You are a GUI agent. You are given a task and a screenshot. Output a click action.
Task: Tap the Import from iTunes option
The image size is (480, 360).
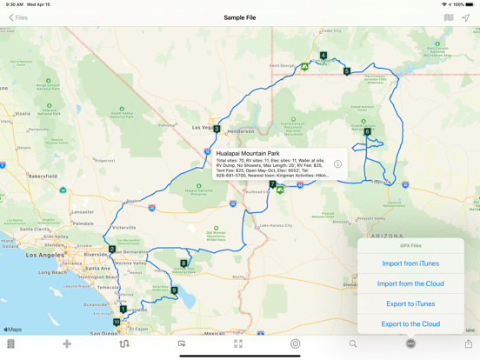pyautogui.click(x=410, y=263)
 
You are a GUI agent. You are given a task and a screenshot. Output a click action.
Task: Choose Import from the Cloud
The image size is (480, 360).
pyautogui.click(x=410, y=283)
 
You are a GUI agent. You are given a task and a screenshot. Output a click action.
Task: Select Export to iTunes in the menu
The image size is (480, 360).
pyautogui.click(x=410, y=303)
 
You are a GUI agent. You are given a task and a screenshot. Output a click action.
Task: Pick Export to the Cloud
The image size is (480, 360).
pyautogui.click(x=410, y=323)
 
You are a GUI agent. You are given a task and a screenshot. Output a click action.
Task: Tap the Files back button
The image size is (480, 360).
pyautogui.click(x=18, y=17)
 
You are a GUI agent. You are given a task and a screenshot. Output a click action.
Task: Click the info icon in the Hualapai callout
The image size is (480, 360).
pyautogui.click(x=337, y=164)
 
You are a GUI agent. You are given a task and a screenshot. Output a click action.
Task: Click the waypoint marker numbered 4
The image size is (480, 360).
pyautogui.click(x=323, y=56)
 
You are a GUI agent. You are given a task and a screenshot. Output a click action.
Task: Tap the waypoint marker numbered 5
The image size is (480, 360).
pyautogui.click(x=347, y=71)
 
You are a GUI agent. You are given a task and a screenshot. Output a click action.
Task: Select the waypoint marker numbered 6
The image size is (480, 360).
pyautogui.click(x=367, y=132)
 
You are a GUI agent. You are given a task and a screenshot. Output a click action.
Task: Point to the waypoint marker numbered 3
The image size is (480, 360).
pyautogui.click(x=217, y=129)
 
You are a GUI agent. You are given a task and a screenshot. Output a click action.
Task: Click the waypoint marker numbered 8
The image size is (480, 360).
pyautogui.click(x=183, y=263)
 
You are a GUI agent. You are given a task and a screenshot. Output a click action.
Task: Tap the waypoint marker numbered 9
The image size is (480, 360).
pyautogui.click(x=175, y=290)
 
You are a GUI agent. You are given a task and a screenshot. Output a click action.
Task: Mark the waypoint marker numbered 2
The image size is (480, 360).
pyautogui.click(x=112, y=250)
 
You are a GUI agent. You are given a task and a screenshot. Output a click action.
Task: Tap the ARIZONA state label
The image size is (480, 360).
pyautogui.click(x=387, y=236)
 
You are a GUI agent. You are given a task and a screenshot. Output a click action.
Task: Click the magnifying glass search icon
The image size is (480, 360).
pyautogui.click(x=353, y=344)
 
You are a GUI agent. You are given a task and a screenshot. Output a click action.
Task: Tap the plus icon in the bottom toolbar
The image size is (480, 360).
pyautogui.click(x=67, y=344)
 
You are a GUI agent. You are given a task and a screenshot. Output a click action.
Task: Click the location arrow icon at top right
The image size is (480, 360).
pyautogui.click(x=466, y=17)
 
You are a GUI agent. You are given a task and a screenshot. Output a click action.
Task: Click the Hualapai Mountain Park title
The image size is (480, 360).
pyautogui.click(x=248, y=154)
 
